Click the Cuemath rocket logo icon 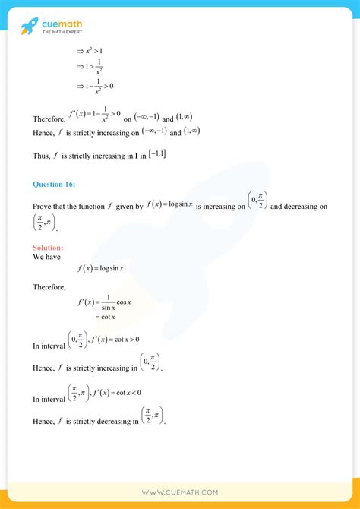click(x=28, y=27)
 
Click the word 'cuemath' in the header click(x=62, y=24)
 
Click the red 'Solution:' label click(x=48, y=248)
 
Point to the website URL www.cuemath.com click(x=180, y=493)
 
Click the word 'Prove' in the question click(x=43, y=206)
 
